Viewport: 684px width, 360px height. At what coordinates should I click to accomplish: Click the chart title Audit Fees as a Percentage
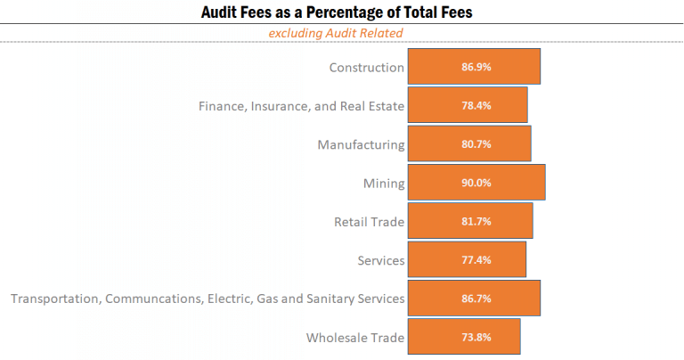point(342,12)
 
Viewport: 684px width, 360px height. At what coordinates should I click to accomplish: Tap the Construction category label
point(366,68)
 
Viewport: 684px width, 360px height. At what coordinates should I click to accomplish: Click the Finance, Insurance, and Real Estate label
point(301,106)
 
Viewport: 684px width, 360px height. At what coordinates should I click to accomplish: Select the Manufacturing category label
point(361,144)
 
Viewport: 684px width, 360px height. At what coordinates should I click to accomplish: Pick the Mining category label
point(383,184)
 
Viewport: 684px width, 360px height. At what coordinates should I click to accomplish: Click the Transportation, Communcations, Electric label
point(208,299)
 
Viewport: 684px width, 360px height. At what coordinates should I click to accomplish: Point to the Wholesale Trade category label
point(355,338)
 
